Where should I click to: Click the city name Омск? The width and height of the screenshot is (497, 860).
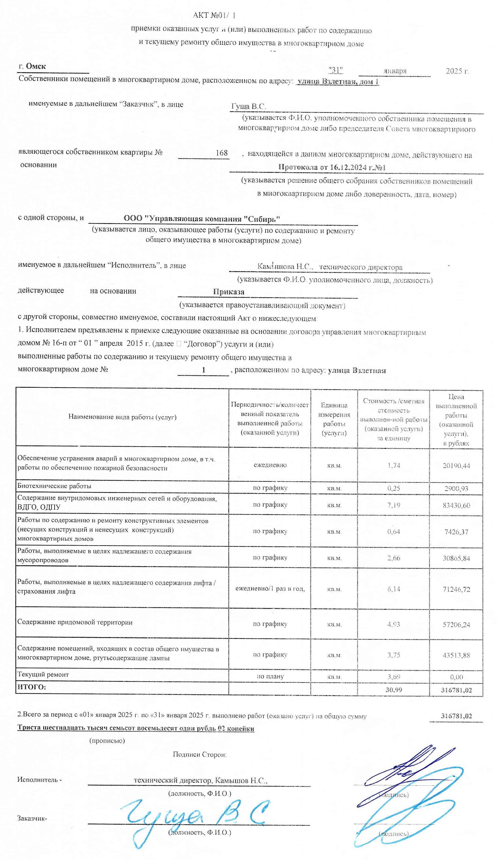[36, 66]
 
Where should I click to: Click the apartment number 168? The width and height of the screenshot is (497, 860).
[222, 153]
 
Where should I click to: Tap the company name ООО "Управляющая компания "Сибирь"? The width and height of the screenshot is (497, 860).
[202, 219]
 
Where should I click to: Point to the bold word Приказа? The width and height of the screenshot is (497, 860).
[228, 292]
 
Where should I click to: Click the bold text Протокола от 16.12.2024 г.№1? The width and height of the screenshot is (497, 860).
[332, 167]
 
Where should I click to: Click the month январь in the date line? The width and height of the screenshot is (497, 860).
[395, 71]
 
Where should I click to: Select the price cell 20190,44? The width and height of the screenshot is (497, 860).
[456, 465]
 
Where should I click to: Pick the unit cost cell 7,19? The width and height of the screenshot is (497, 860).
[393, 505]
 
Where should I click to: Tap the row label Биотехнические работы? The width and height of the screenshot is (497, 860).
[54, 486]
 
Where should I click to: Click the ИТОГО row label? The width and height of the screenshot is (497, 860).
[31, 687]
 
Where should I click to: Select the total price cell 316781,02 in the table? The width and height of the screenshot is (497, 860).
[456, 690]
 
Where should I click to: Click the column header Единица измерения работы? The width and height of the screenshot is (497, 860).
[334, 419]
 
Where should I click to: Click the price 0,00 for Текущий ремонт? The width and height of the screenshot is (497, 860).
[456, 677]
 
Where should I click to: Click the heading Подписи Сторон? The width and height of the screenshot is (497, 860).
[199, 755]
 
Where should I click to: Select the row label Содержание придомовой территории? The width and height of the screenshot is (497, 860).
[75, 622]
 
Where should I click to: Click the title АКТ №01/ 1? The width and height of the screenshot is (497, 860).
[214, 15]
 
